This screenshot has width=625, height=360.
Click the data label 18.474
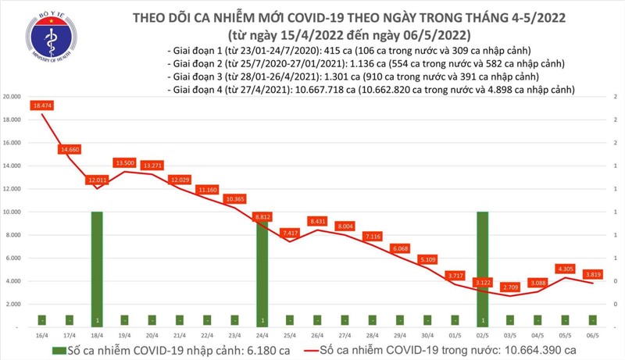[43, 105]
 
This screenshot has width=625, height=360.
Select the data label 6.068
[402, 248]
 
